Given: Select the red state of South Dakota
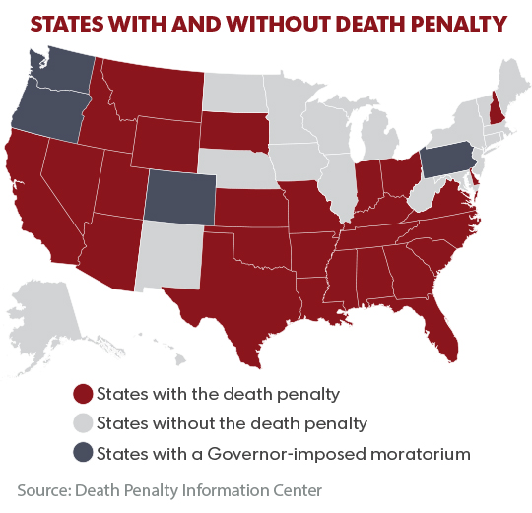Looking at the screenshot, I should (x=233, y=129).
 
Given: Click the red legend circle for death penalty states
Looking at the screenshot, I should (x=84, y=395).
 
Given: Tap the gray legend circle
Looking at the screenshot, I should (x=84, y=423).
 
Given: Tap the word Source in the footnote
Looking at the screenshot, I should (x=42, y=489).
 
